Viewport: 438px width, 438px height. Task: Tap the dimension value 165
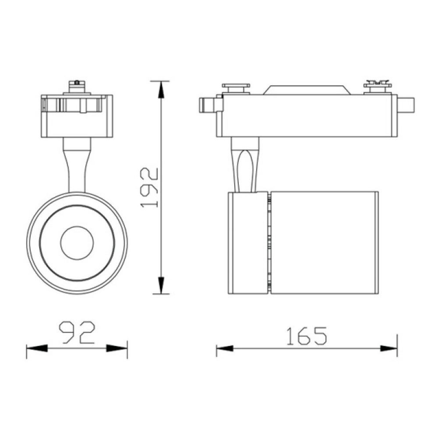point(307,336)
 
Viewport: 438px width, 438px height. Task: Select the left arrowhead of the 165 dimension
point(224,349)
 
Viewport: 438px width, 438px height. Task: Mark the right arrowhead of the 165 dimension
point(389,349)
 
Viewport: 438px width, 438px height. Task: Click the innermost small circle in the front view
point(77,242)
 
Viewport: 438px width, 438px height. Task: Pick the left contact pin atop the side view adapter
point(236,88)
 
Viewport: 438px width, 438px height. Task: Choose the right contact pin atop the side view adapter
point(378,87)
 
